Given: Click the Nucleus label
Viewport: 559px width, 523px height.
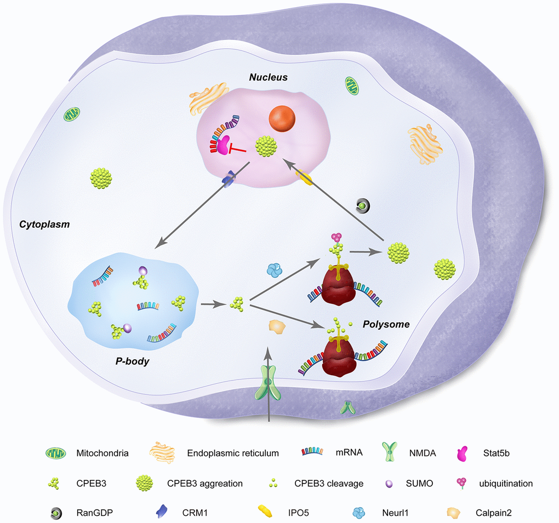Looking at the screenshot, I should (268, 78).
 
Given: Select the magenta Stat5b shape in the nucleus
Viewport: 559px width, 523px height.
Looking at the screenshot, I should (223, 145).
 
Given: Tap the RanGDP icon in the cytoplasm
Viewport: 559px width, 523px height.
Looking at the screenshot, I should (362, 205).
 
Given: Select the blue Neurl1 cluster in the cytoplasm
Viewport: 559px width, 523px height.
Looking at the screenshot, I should (273, 269).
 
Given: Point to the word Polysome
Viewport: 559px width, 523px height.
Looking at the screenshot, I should (386, 324).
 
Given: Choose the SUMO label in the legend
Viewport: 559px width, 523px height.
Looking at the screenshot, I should (420, 484).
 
